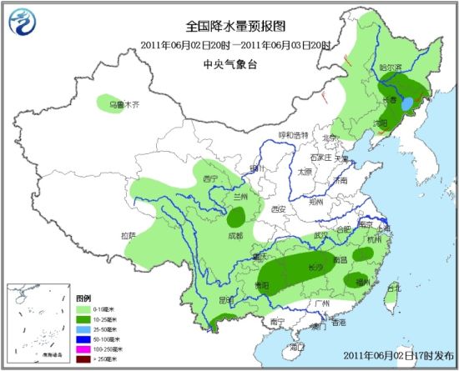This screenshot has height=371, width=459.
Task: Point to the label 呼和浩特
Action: tap(294, 134)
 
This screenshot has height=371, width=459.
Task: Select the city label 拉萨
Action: tap(128, 235)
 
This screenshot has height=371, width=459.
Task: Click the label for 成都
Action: tap(235, 236)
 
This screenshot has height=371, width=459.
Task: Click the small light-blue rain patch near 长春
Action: tap(406, 106)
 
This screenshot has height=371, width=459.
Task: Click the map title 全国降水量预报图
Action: tap(229, 28)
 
